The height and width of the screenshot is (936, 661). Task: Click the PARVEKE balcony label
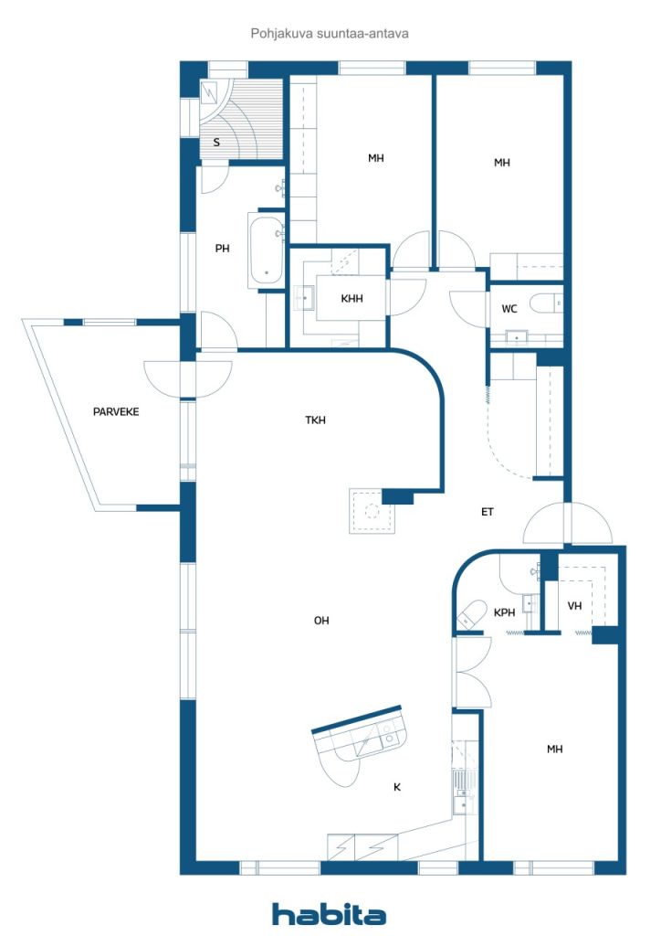(116, 411)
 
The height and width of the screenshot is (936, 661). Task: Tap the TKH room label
(315, 420)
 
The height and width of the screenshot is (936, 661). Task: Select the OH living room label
(321, 621)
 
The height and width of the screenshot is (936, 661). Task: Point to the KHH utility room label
(351, 299)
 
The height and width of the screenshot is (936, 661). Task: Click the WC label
(509, 309)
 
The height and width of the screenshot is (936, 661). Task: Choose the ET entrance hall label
(488, 512)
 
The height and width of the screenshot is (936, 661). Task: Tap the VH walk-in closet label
(574, 606)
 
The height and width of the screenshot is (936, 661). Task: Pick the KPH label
(504, 612)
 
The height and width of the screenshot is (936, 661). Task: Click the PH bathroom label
(223, 249)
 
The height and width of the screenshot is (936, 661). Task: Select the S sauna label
(216, 143)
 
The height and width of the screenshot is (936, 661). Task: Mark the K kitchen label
(397, 787)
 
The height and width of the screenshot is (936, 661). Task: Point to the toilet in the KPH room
(470, 614)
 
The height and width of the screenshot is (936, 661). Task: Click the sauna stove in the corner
(210, 92)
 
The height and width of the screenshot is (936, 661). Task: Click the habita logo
(329, 914)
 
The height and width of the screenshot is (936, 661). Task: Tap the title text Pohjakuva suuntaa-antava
(330, 34)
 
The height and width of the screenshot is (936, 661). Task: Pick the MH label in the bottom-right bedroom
(554, 750)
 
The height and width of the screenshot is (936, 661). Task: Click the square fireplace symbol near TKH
(372, 512)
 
